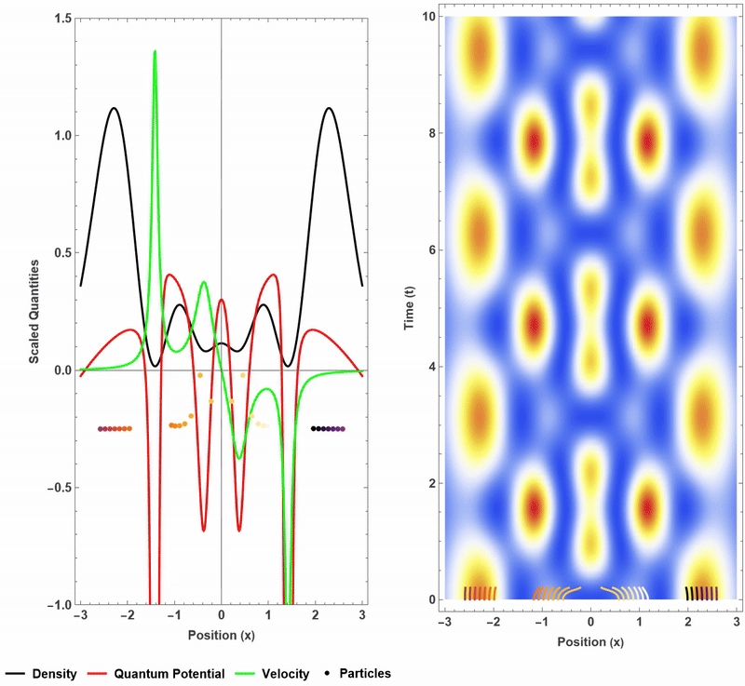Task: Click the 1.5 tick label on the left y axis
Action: pos(58,19)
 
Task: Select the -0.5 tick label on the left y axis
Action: pos(55,488)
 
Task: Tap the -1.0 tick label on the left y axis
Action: pos(55,605)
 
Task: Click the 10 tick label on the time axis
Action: pos(428,17)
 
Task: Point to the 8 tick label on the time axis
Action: pos(431,133)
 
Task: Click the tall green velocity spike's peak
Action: pos(155,51)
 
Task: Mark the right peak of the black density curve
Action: pos(328,108)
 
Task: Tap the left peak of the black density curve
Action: pos(114,108)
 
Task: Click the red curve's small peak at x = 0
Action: pos(221,300)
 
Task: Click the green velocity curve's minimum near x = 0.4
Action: pos(239,458)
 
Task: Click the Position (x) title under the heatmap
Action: pos(589,642)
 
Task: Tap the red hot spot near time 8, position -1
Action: pos(535,142)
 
